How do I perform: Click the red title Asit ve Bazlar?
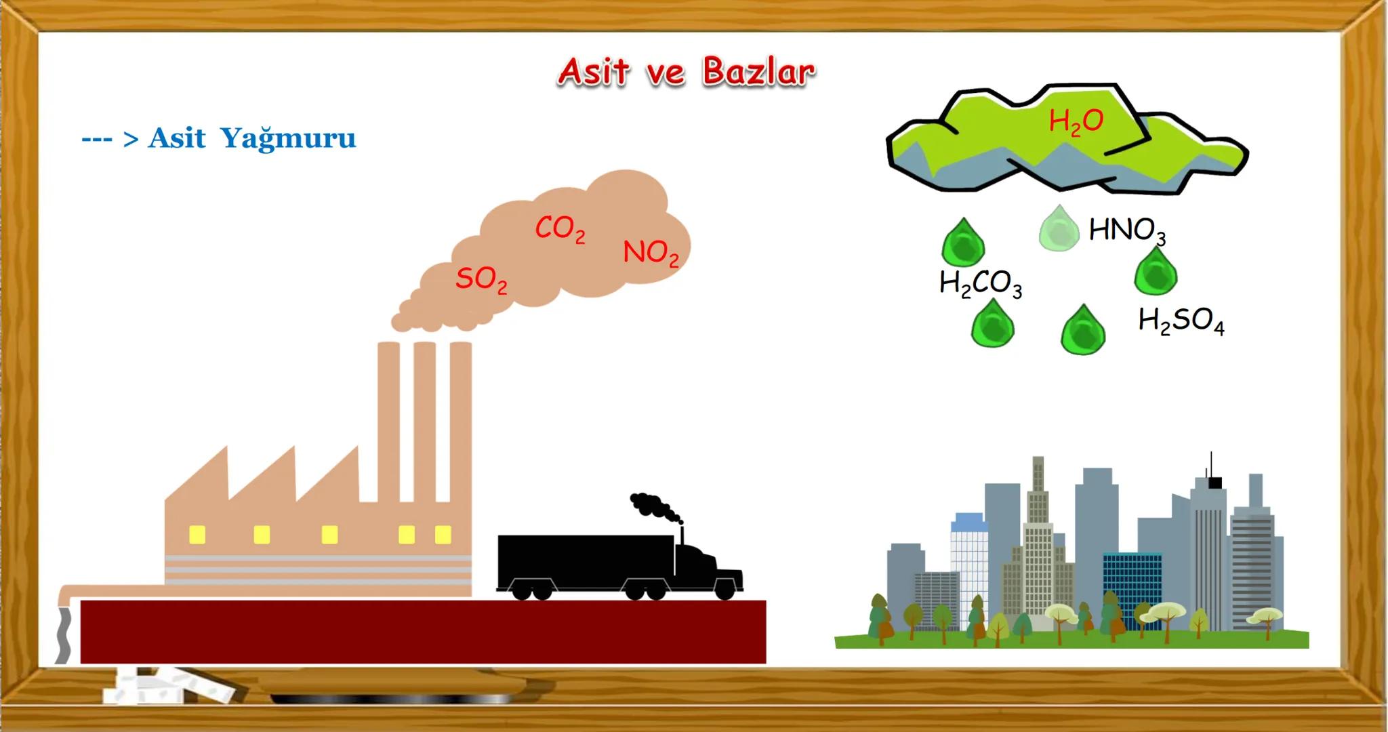686,72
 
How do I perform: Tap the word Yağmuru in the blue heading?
288,138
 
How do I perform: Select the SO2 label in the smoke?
481,279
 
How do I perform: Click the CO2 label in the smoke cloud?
560,229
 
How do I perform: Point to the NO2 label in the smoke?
651,253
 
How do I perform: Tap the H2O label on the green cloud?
1076,122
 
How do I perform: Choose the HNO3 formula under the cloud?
1127,231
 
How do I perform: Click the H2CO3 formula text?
980,283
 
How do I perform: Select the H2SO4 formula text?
1181,321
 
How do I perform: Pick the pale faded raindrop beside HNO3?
1059,228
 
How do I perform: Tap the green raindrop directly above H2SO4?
1156,270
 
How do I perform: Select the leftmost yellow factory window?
197,535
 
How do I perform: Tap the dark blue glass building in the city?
1132,588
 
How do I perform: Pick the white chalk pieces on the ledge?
169,685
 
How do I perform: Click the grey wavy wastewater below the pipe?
63,634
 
